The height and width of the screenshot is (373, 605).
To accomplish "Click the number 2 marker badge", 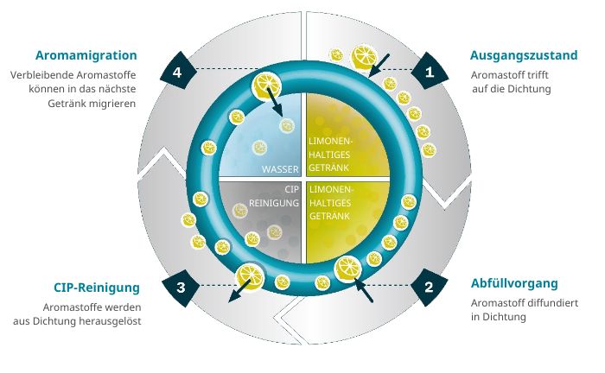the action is [x=430, y=287].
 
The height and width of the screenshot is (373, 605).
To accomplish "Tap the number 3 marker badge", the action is [x=181, y=288].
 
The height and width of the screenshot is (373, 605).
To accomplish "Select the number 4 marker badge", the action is [x=178, y=72].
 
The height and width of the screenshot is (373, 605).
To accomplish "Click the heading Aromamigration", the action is [x=86, y=55].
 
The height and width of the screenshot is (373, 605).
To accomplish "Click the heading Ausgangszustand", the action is [x=524, y=55].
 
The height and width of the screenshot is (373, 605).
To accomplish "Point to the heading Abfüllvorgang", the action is [x=514, y=283].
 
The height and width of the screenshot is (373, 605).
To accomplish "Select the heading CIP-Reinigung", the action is [x=97, y=288].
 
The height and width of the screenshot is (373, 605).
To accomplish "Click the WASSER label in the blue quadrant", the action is [x=280, y=169].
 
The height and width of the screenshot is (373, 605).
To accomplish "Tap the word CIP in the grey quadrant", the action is [x=292, y=189].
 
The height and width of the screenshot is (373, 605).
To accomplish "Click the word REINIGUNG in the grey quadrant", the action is [x=274, y=203].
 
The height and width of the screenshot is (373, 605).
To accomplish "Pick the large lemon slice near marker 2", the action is [x=348, y=269].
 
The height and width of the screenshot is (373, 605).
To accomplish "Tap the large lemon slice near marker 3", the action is [x=250, y=277].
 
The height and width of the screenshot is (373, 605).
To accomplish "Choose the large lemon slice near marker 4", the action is [x=265, y=85].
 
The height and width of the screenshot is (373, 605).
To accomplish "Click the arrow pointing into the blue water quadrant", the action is [x=274, y=102].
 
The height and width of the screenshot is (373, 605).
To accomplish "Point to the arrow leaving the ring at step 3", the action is [x=240, y=290].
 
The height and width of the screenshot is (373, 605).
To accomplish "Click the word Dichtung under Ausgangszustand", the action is [x=529, y=89].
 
